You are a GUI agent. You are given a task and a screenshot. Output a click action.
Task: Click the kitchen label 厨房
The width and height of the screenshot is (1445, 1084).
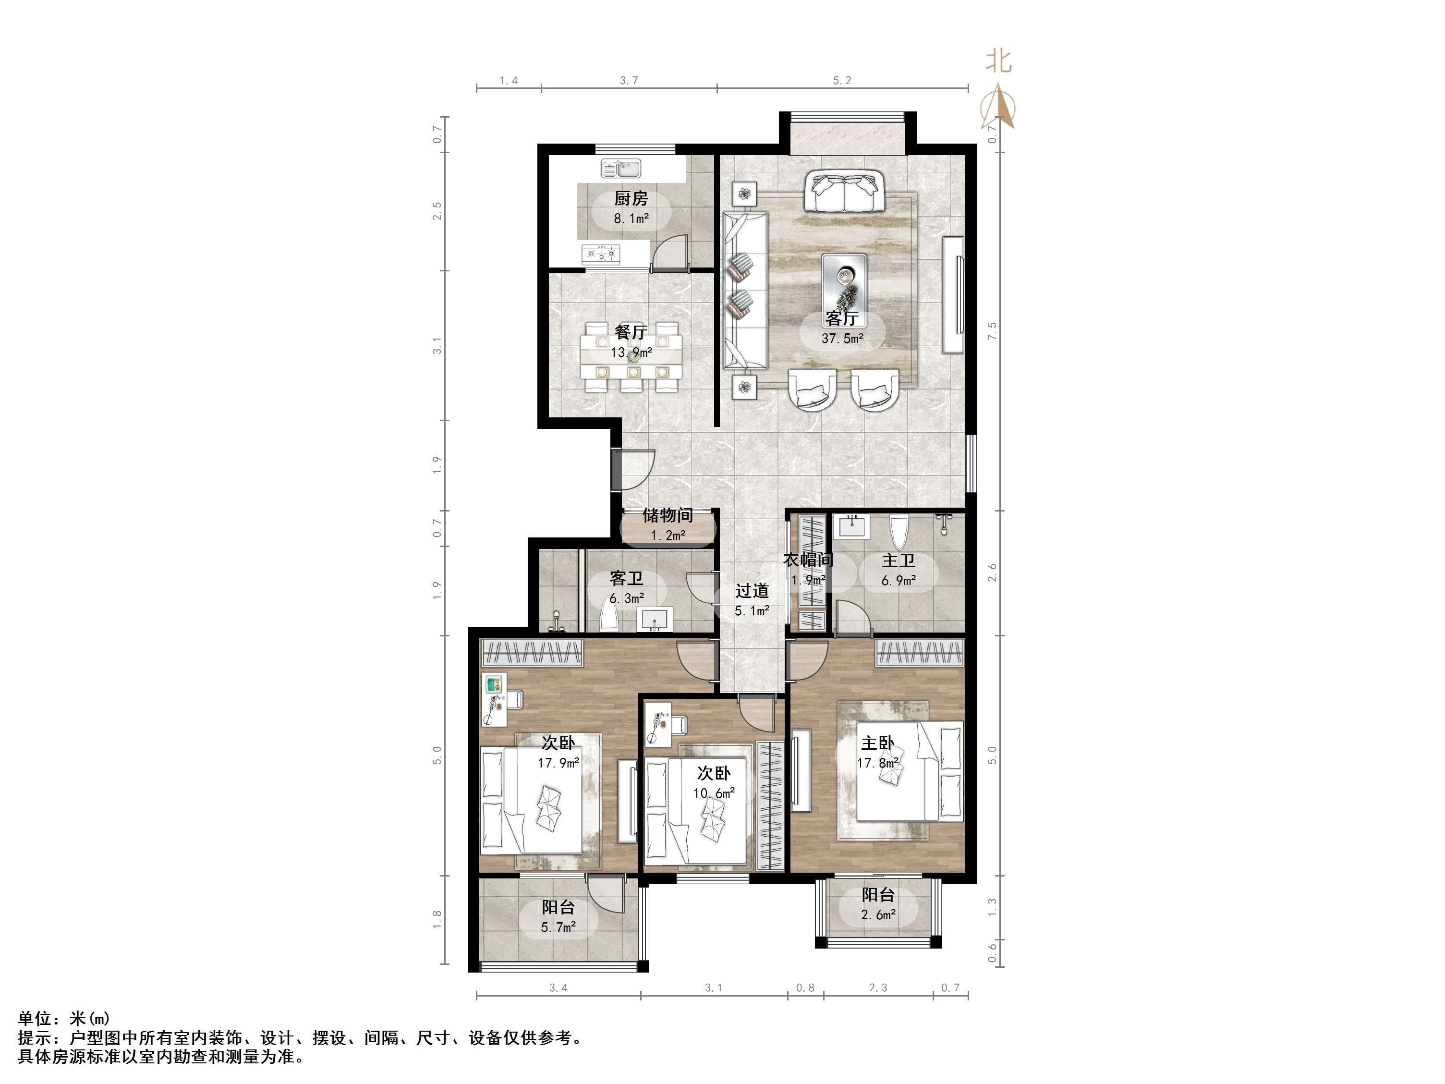[631, 198]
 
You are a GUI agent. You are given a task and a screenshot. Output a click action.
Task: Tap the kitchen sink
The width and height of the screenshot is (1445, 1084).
[620, 169]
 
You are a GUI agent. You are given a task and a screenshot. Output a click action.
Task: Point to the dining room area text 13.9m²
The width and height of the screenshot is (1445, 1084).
[631, 352]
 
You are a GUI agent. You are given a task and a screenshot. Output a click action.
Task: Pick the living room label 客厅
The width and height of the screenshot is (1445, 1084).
[841, 318]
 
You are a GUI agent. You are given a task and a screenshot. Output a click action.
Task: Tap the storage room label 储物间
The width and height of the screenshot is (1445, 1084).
[668, 515]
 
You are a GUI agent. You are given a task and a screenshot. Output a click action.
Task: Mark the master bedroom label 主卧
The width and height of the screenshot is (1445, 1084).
[877, 743]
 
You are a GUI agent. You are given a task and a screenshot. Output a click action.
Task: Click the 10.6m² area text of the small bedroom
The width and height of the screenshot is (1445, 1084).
[714, 793]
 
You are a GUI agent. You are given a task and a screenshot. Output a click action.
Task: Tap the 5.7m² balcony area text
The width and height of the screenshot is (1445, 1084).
[558, 927]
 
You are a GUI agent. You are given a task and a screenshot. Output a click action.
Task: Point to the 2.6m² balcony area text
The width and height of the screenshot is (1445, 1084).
[878, 915]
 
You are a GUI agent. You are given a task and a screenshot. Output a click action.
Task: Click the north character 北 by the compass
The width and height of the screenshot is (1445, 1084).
[998, 62]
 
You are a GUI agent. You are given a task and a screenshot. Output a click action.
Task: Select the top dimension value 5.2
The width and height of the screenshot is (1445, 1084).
[842, 80]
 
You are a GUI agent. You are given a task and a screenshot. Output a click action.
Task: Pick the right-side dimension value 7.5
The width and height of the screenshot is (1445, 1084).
[992, 330]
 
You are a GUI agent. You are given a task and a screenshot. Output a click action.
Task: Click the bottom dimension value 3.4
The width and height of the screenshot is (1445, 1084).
[558, 988]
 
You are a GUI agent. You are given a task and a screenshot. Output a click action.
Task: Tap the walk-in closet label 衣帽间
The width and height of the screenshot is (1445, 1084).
[808, 560]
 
